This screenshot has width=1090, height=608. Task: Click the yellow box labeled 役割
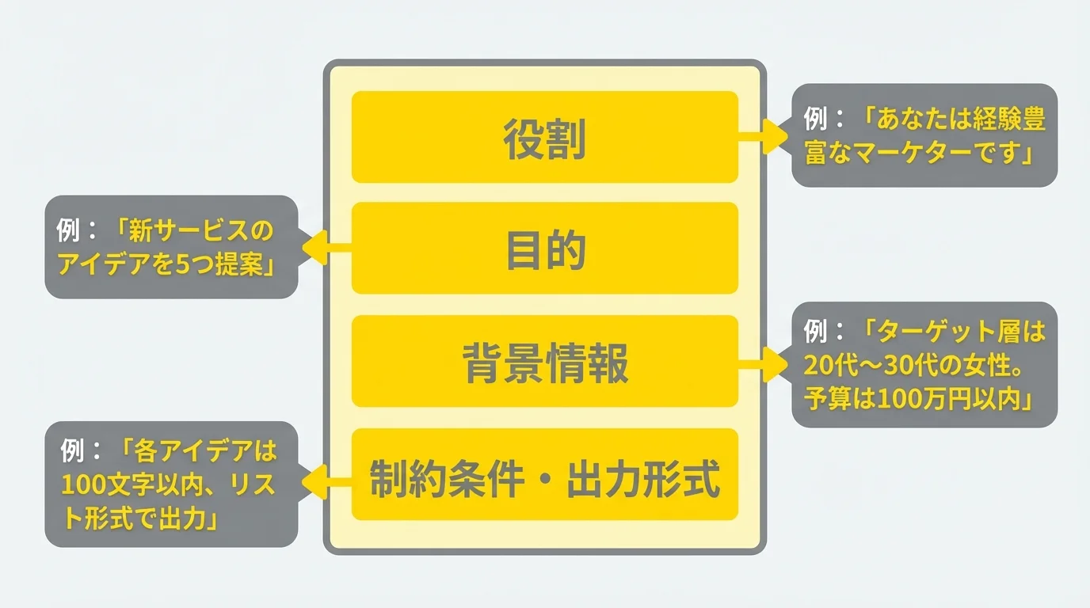click(544, 137)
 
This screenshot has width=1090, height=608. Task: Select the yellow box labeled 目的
click(544, 249)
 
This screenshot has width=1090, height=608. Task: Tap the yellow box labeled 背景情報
click(544, 362)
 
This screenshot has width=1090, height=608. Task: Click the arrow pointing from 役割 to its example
click(764, 136)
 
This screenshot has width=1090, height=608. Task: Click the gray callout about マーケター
click(924, 135)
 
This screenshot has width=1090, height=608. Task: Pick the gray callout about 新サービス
click(171, 247)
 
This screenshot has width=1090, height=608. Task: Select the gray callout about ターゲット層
click(924, 365)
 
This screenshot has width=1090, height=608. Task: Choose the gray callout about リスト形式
click(171, 484)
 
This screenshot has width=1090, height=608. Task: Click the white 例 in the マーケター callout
click(817, 120)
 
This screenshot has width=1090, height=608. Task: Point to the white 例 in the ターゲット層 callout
click(817, 332)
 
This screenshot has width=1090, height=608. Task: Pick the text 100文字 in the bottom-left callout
click(100, 484)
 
